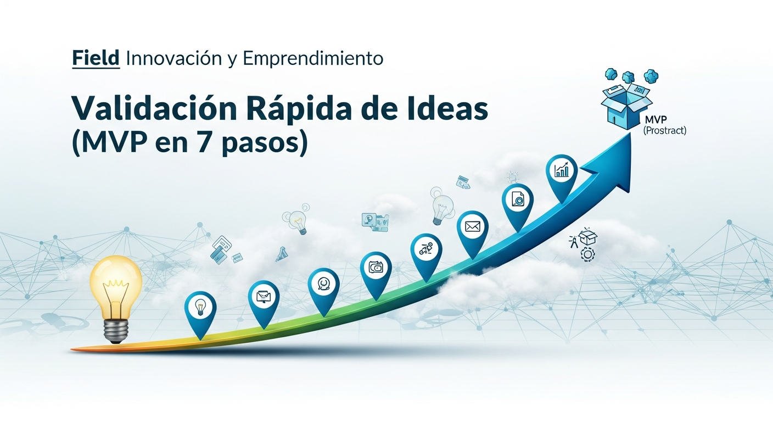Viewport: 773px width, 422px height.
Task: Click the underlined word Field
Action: (96, 58)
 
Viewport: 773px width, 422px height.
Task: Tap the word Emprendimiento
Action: (312, 58)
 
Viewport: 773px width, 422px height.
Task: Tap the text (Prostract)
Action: (665, 131)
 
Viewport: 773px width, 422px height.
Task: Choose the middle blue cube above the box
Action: (629, 76)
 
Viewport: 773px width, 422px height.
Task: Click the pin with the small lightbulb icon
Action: (200, 308)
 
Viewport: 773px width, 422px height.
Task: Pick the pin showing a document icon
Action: (517, 200)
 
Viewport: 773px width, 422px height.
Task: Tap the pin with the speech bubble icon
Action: (323, 284)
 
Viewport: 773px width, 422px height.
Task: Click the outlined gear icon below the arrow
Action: (587, 254)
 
